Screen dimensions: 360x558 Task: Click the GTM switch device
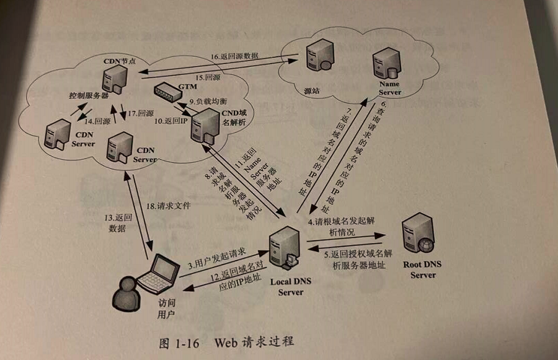click(x=170, y=94)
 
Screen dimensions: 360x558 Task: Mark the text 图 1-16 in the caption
click(x=178, y=343)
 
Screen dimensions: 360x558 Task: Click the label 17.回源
click(x=141, y=114)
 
